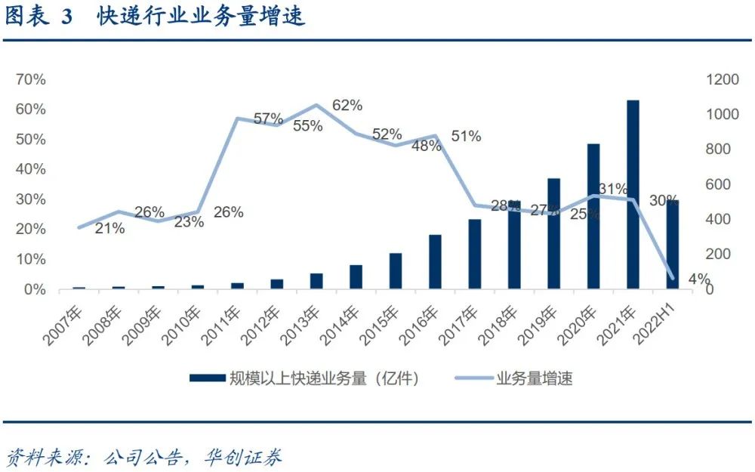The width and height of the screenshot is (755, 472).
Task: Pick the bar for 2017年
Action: click(x=475, y=254)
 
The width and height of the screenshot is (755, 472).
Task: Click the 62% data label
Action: click(x=347, y=105)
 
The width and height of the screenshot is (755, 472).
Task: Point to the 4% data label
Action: click(x=698, y=280)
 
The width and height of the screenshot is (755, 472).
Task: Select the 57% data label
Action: click(x=268, y=119)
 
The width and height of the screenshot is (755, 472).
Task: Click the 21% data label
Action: click(x=109, y=228)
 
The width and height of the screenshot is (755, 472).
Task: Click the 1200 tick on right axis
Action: click(x=721, y=79)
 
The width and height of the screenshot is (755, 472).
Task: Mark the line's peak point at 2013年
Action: click(x=317, y=105)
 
